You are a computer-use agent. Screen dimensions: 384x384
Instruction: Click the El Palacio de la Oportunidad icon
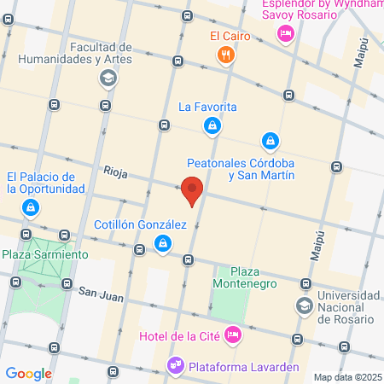[31, 207]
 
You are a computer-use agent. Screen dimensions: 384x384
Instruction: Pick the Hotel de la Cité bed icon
[231, 334]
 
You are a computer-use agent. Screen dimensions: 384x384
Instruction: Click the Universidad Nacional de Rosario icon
[304, 305]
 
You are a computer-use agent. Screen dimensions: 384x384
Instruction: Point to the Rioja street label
[115, 173]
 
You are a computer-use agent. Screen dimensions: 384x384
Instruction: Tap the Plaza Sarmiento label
[44, 254]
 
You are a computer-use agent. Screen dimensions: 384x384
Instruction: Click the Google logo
[28, 373]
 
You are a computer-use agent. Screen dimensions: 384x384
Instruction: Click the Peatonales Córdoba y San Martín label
[241, 168]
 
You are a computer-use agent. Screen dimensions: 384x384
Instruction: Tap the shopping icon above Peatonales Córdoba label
[270, 140]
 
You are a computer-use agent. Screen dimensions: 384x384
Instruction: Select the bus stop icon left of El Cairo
[177, 61]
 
